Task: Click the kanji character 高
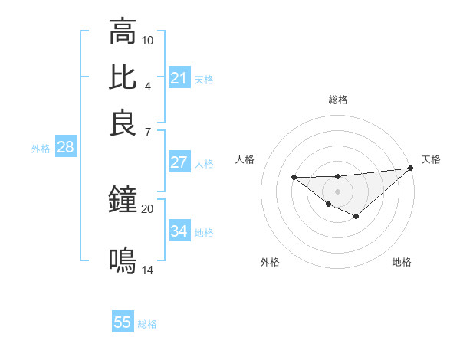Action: [123, 32]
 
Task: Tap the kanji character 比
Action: [123, 77]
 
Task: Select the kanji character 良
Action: [123, 123]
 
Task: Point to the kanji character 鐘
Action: [123, 201]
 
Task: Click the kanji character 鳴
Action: [123, 260]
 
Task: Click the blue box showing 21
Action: [179, 78]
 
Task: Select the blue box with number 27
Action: [179, 162]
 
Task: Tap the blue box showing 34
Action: [179, 231]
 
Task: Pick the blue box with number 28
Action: [65, 148]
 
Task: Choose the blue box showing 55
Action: [122, 322]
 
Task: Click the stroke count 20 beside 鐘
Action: [147, 208]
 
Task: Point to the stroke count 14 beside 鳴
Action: [147, 270]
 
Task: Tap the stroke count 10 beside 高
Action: [148, 39]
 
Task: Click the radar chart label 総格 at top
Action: [337, 100]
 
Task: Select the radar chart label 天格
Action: [431, 159]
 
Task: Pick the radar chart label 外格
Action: [270, 262]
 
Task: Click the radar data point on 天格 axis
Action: [411, 169]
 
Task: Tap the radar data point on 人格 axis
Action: [294, 178]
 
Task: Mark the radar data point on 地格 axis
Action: [356, 217]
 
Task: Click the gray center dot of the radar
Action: [337, 191]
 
